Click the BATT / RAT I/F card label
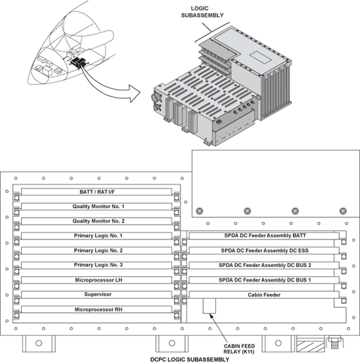[97, 192]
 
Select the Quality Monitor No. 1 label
[98, 206]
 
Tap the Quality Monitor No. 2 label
[98, 221]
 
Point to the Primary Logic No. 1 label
[98, 236]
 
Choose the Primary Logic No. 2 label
[98, 251]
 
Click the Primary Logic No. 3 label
[98, 265]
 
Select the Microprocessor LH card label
[98, 280]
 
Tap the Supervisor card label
[98, 295]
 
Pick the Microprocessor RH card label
[98, 310]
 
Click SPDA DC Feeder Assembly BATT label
[265, 236]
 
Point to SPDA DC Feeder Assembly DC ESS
[264, 251]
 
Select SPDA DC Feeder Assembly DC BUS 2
[265, 265]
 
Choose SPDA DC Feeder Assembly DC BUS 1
[264, 280]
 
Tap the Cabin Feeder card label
[264, 295]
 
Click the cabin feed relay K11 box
[209, 306]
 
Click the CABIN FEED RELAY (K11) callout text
[239, 349]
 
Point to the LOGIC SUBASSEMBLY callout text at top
[202, 12]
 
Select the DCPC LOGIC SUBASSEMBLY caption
[190, 359]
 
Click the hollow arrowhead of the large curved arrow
[135, 94]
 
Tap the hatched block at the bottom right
[310, 344]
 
